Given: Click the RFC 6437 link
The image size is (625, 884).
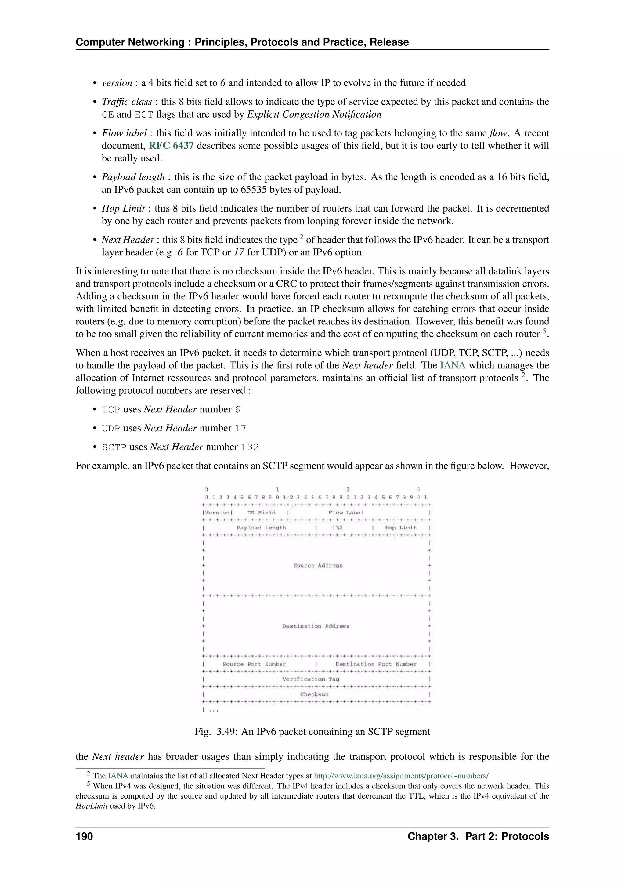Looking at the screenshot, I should (x=171, y=146).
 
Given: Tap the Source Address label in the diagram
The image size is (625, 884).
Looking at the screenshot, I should (x=318, y=566).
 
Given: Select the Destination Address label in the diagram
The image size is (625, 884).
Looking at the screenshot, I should (x=316, y=626).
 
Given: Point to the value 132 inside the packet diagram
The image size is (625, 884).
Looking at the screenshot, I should (x=337, y=528).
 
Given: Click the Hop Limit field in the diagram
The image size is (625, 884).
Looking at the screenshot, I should (x=401, y=528).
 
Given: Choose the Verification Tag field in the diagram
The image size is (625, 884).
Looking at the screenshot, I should (x=311, y=679).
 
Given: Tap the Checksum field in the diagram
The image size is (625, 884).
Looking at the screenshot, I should (x=314, y=694).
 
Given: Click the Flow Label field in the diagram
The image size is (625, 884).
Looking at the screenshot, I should (x=345, y=513).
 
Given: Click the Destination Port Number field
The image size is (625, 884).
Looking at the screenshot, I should (x=376, y=664).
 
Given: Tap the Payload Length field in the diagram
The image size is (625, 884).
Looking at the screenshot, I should (x=261, y=528).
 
